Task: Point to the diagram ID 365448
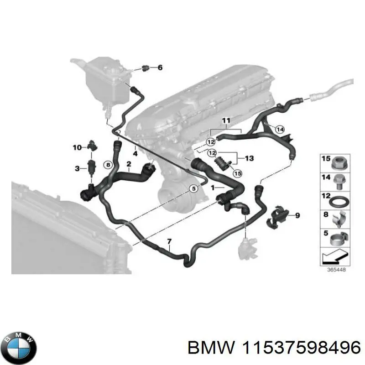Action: pos(336,270)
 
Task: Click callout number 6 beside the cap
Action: pos(160,68)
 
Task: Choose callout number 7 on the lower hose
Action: pos(169,241)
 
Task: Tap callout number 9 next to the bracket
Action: pos(297,215)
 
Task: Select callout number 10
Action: pos(77,147)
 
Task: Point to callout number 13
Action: pos(249,158)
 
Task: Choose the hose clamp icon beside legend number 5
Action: pos(340,238)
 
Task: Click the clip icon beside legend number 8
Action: pos(340,219)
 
